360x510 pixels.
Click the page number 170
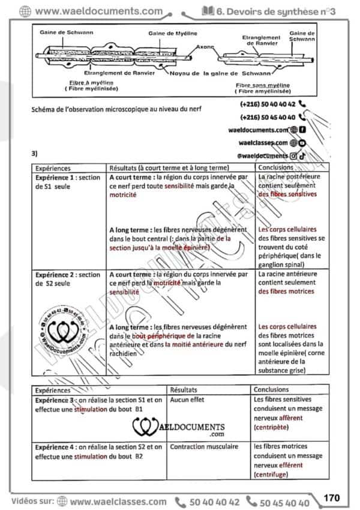[x=331, y=497]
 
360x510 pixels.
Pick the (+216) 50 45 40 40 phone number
[x=268, y=118]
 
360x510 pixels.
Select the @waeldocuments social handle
[x=263, y=155]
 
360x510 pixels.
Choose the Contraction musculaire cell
[x=204, y=446]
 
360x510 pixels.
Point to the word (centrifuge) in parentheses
[x=271, y=475]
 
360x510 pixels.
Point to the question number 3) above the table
[x=35, y=154]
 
